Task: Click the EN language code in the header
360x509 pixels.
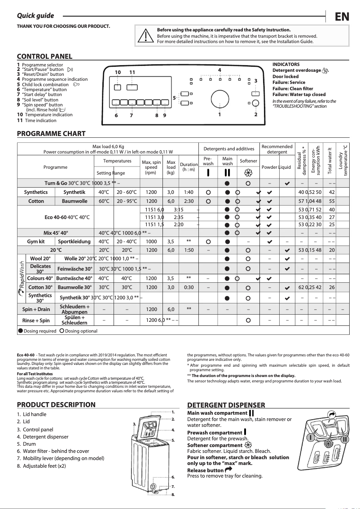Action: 342,17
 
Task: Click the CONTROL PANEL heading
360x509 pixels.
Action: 44,57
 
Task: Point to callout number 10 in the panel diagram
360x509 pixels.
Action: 118,72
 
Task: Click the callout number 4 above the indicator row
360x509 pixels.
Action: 220,70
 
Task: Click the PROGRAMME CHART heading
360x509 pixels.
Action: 51,134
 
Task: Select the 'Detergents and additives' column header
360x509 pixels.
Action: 229,149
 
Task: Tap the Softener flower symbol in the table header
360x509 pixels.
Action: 248,173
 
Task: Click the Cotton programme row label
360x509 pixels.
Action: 36,202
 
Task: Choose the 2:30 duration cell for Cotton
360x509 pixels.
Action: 189,202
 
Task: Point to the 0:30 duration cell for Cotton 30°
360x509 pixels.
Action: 189,287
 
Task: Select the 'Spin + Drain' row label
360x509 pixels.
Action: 36,309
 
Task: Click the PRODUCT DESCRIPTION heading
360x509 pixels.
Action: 56,404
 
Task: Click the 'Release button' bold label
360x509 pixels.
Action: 205,470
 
